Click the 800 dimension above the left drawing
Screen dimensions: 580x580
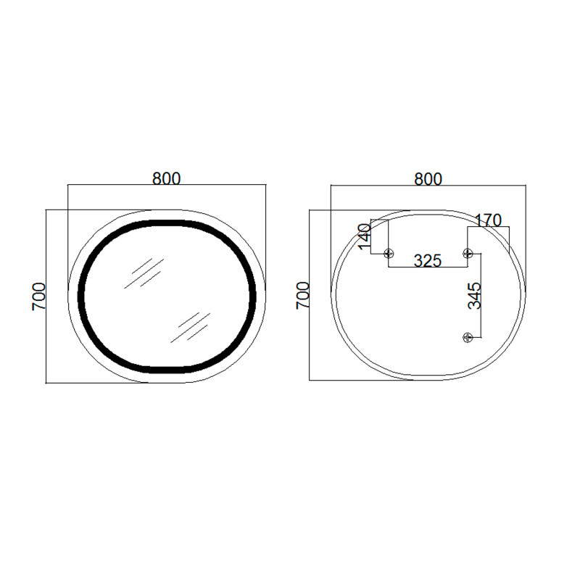click(166, 178)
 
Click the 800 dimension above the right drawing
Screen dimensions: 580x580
click(428, 178)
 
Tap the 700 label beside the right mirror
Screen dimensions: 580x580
click(303, 296)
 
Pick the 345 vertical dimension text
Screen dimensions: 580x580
click(474, 296)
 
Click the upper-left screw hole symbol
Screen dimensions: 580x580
click(389, 253)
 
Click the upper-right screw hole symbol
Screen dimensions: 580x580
click(468, 253)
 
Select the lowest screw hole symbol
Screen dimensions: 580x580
click(468, 336)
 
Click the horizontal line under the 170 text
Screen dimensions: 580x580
click(489, 227)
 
